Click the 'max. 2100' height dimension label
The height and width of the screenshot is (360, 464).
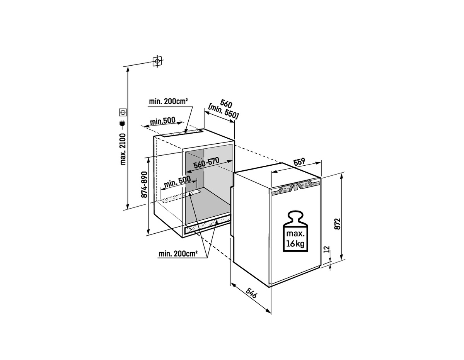tap(123, 149)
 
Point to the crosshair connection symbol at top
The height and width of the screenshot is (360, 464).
tap(158, 61)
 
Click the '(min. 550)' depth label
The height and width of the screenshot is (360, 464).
tap(223, 112)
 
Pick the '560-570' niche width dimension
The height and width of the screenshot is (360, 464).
tap(206, 163)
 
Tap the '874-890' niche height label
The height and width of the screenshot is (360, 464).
tap(145, 185)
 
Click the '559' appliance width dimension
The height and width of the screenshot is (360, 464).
tap(300, 162)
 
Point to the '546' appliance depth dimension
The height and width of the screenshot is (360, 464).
tap(252, 293)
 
